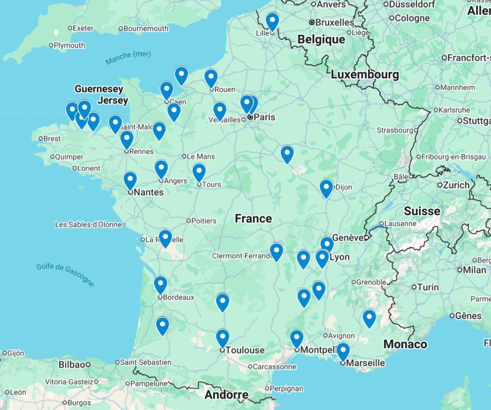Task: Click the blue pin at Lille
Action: pyautogui.click(x=272, y=20)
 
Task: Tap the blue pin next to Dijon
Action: pyautogui.click(x=326, y=187)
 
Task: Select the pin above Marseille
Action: pyautogui.click(x=342, y=351)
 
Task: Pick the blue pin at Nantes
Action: pyautogui.click(x=130, y=180)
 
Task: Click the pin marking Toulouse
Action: pyautogui.click(x=222, y=338)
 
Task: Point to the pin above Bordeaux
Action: pyautogui.click(x=160, y=284)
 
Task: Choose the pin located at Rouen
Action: pyautogui.click(x=211, y=77)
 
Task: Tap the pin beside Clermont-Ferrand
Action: pyautogui.click(x=277, y=251)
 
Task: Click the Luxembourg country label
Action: pyautogui.click(x=365, y=75)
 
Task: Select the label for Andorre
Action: pyautogui.click(x=226, y=395)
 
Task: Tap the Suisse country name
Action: pyautogui.click(x=422, y=211)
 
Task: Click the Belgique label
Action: pyautogui.click(x=321, y=39)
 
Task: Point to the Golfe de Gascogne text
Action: pyautogui.click(x=65, y=274)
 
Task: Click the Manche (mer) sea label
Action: pyautogui.click(x=128, y=58)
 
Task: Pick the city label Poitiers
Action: pyautogui.click(x=204, y=221)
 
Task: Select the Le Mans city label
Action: pyautogui.click(x=200, y=156)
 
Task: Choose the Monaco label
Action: pyautogui.click(x=405, y=344)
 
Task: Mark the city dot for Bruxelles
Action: pyautogui.click(x=312, y=22)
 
